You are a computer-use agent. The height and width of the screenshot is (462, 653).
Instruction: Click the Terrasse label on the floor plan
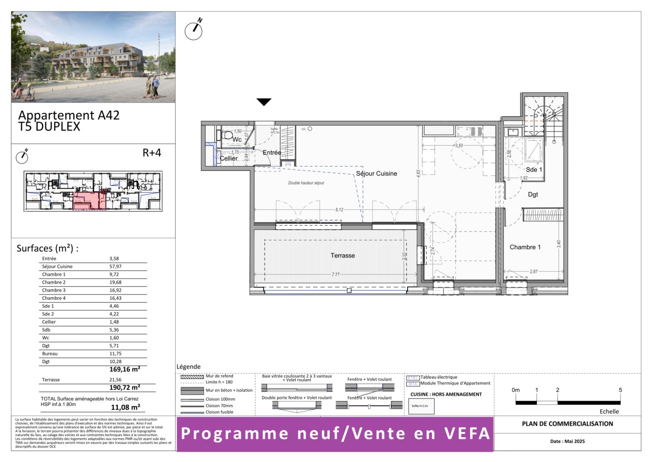[x=342, y=256]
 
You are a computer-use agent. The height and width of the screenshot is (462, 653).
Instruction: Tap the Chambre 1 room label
[x=525, y=247]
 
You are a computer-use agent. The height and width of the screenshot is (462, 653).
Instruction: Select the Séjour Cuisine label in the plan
[x=376, y=173]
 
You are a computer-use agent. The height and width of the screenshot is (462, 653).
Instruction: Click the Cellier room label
[x=229, y=158]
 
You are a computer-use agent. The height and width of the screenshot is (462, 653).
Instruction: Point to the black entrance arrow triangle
[x=264, y=102]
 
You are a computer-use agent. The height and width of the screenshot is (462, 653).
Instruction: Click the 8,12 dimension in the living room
[x=339, y=210]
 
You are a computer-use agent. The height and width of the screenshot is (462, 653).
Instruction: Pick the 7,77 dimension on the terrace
[x=335, y=275]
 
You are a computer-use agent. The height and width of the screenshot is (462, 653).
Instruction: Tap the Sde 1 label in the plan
[x=534, y=170]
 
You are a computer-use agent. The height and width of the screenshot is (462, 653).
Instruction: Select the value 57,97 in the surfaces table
[x=115, y=266]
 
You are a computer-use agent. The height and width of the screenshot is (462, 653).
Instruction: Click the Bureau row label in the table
[x=50, y=354]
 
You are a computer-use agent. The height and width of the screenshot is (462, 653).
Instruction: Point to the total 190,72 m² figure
[x=125, y=388]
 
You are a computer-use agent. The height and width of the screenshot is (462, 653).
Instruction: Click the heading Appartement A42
[x=69, y=115]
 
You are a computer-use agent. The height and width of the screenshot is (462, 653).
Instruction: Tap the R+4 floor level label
[x=151, y=153]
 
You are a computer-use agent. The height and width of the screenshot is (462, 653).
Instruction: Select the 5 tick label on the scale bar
[x=620, y=390]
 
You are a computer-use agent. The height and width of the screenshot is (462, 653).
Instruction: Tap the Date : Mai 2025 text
[x=567, y=441]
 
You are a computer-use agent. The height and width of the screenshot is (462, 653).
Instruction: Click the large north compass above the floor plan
[x=194, y=30]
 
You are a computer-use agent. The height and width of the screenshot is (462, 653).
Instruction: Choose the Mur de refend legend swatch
[x=192, y=377]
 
